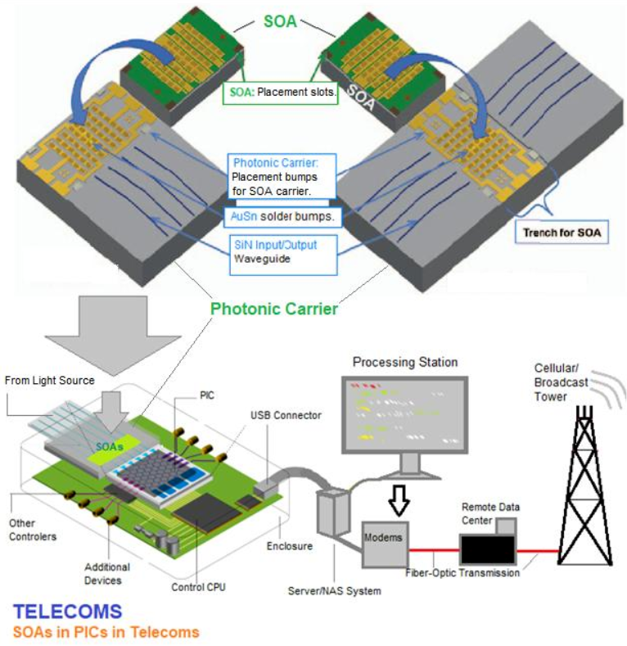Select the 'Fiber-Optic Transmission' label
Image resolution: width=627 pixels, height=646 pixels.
pyautogui.click(x=462, y=573)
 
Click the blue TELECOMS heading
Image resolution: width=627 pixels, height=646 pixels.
pyautogui.click(x=69, y=612)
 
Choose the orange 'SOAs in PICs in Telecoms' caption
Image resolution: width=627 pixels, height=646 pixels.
pyautogui.click(x=106, y=631)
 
